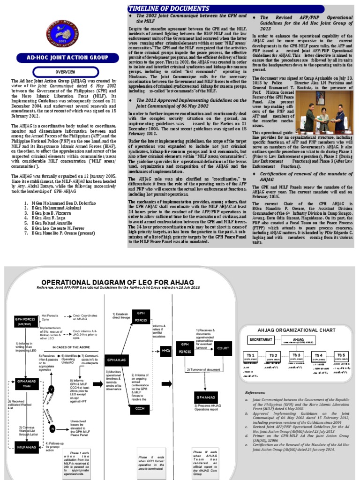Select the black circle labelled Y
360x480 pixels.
point(52,389)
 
